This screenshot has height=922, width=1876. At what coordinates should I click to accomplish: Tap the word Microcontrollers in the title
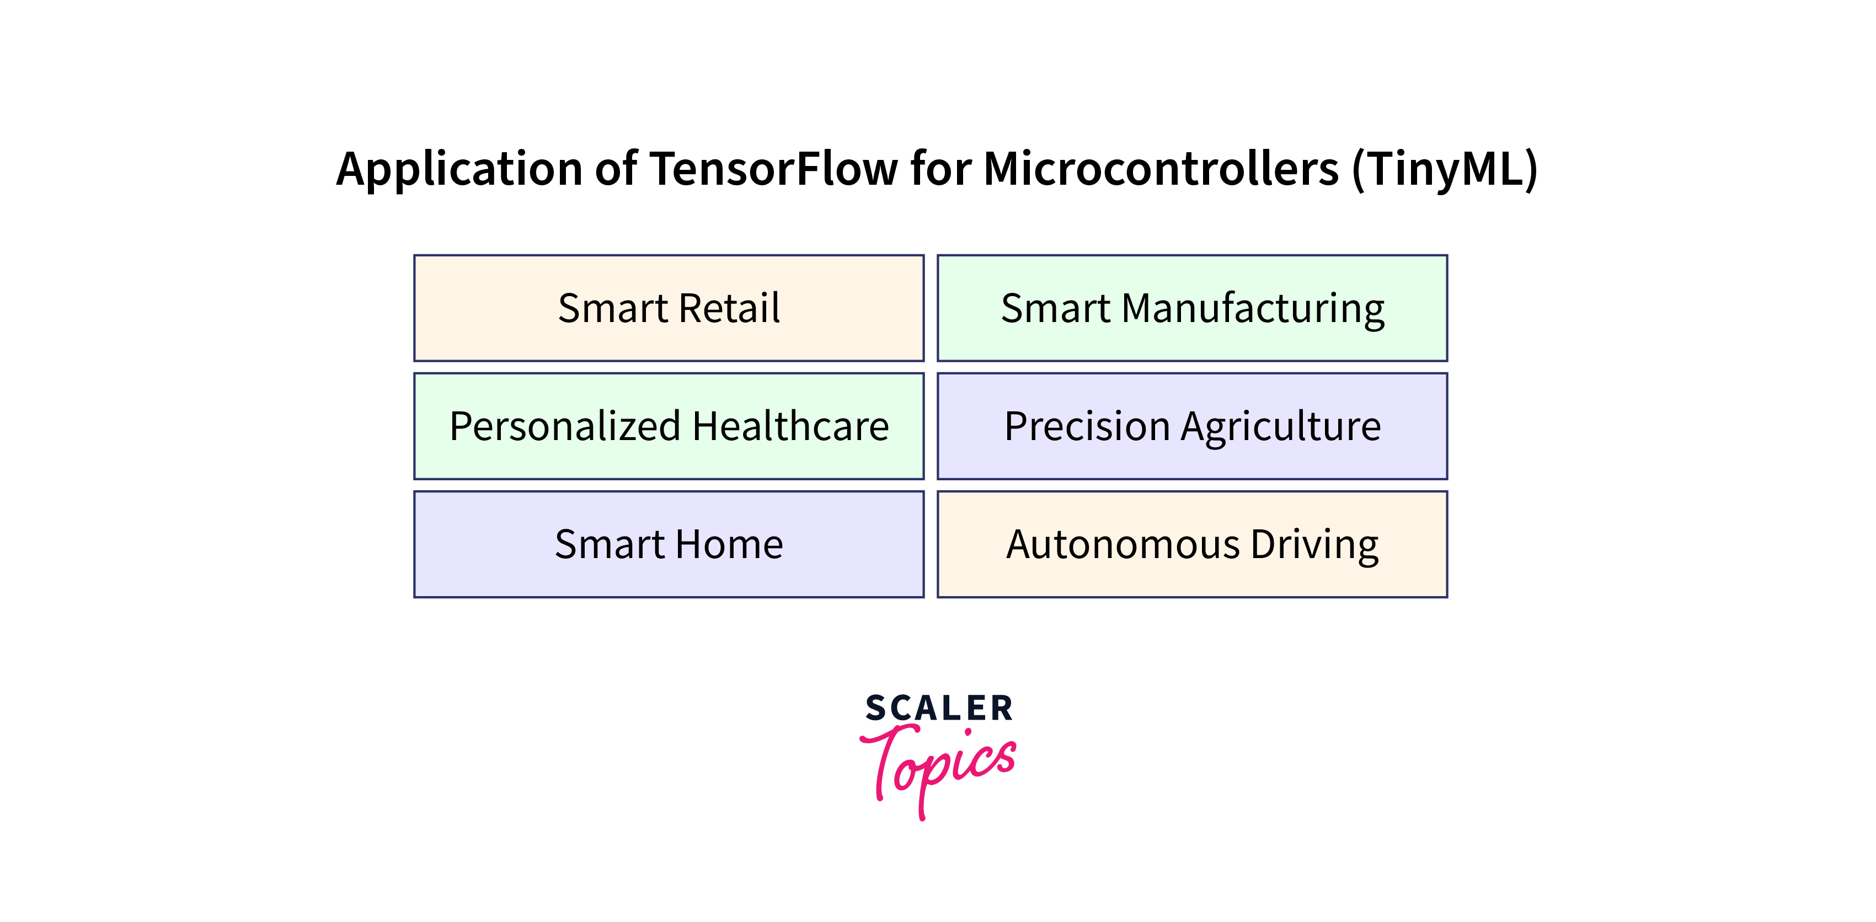click(x=1161, y=169)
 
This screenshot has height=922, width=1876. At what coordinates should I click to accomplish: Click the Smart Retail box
click(x=669, y=308)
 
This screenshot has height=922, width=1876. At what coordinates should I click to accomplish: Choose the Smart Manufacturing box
click(x=1192, y=308)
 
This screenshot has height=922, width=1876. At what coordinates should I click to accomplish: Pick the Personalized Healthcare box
click(x=669, y=426)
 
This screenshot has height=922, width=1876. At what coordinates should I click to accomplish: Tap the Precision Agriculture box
click(x=1192, y=426)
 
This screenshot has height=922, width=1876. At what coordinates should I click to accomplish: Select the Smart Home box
click(x=669, y=544)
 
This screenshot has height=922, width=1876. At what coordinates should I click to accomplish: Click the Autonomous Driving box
click(x=1192, y=544)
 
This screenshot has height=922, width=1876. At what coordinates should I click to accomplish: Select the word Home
click(x=729, y=544)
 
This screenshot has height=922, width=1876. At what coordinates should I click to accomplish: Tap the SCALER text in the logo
click(x=939, y=709)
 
